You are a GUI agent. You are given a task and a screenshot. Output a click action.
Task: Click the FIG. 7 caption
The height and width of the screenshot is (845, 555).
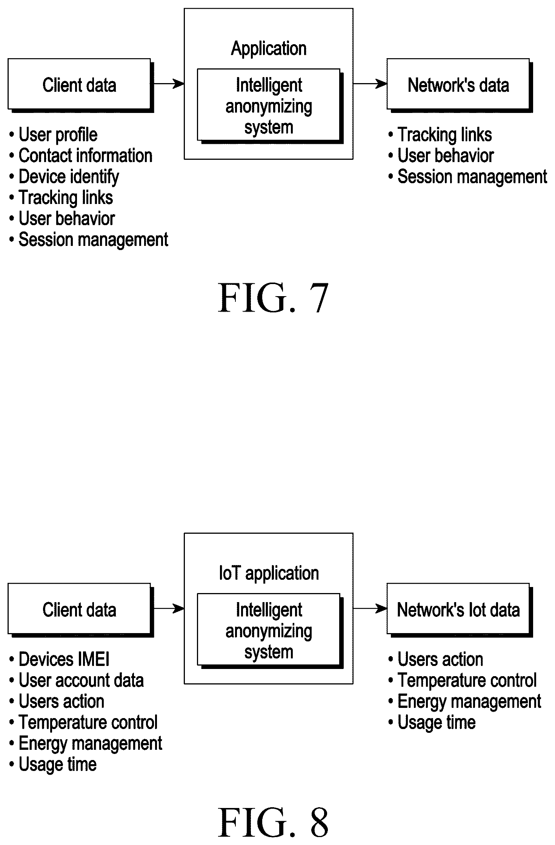[273, 298]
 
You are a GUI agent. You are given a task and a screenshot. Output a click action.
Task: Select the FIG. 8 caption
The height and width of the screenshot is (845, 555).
[273, 823]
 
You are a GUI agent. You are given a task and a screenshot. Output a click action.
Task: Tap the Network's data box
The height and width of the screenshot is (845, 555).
[460, 85]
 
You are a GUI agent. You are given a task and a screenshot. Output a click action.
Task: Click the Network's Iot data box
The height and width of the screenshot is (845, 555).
[460, 610]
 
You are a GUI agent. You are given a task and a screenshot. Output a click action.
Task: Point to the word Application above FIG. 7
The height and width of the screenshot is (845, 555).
[269, 49]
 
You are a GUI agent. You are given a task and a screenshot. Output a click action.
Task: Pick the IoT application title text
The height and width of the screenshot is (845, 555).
[269, 573]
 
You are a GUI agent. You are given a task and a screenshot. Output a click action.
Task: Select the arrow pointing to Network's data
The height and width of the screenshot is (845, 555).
[370, 84]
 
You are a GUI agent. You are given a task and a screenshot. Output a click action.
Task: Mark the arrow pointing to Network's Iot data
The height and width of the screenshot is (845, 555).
[370, 609]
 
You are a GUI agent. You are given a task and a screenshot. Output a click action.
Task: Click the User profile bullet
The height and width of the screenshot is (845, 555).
[53, 135]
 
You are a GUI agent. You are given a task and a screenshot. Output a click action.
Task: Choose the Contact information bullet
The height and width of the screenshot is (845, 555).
[81, 156]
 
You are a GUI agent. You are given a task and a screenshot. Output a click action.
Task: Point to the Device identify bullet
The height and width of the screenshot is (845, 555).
[64, 177]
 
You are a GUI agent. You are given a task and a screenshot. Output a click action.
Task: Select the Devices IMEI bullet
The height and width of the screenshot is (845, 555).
[59, 660]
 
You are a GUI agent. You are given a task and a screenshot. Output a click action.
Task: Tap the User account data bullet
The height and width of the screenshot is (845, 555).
[77, 680]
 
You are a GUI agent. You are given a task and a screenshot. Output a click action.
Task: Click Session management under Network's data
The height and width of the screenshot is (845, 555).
[468, 177]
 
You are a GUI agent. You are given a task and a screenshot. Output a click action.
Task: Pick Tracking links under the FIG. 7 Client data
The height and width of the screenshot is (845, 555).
[61, 198]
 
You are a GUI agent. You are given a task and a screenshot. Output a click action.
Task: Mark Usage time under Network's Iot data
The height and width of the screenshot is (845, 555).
[432, 723]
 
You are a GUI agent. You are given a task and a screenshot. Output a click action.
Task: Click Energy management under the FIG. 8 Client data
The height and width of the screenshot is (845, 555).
[86, 743]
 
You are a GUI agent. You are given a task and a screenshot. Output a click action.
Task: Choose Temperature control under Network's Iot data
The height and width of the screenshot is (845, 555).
[463, 680]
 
